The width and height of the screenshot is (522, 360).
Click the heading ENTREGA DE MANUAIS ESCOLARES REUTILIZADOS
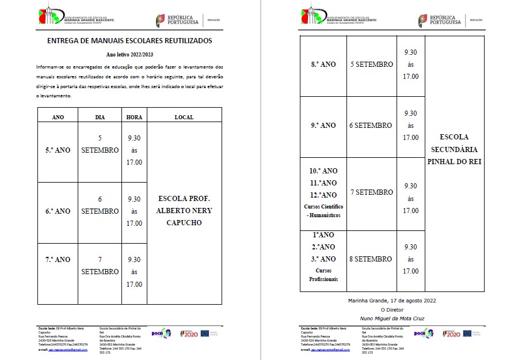(x=129, y=41)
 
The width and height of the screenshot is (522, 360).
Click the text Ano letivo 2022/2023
(x=129, y=54)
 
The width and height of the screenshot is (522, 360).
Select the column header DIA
(x=100, y=117)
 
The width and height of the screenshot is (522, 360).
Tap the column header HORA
(x=134, y=117)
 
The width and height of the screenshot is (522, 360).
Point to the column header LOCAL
(x=184, y=117)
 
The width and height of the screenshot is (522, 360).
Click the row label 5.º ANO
(x=58, y=150)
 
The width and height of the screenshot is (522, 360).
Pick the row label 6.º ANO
(x=58, y=211)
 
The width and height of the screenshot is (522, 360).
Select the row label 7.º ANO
(x=58, y=260)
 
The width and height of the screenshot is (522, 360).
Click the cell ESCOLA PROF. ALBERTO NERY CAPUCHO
(x=184, y=210)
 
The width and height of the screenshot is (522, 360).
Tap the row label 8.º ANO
(x=323, y=65)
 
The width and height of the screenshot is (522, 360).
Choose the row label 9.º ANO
(x=323, y=126)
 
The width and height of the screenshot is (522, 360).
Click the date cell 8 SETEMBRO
(x=371, y=259)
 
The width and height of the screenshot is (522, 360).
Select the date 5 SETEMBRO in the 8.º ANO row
(x=371, y=65)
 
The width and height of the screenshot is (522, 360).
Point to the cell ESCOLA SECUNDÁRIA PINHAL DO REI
(x=454, y=149)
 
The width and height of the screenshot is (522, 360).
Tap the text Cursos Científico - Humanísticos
(x=323, y=211)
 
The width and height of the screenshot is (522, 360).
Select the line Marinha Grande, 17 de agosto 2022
(x=391, y=301)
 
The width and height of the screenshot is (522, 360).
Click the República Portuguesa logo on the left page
(x=177, y=20)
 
